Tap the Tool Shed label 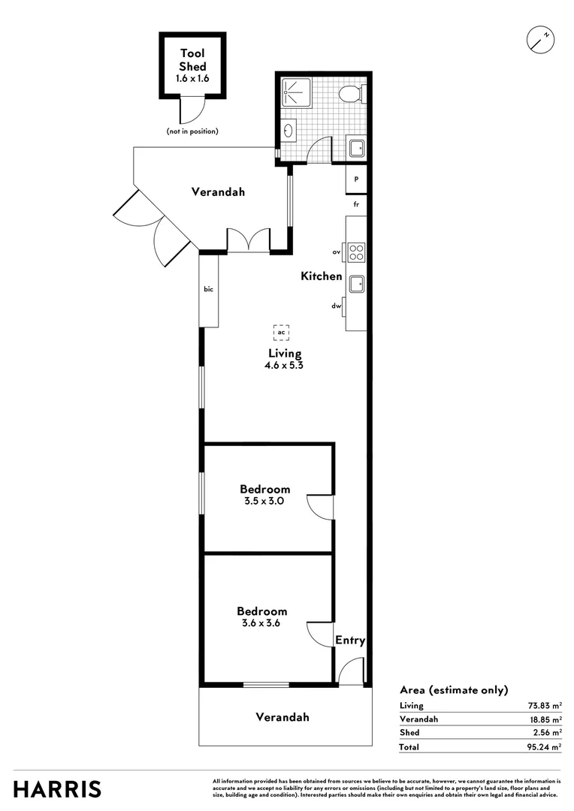192,59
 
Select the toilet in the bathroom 350,95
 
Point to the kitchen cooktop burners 356,252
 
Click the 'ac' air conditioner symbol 281,331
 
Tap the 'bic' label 208,289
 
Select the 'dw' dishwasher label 337,306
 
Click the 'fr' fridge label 357,204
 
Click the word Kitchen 322,276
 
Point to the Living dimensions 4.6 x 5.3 285,366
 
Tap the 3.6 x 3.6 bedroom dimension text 261,623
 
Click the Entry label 350,641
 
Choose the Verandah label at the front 282,717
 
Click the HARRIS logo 57,789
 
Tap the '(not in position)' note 192,131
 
